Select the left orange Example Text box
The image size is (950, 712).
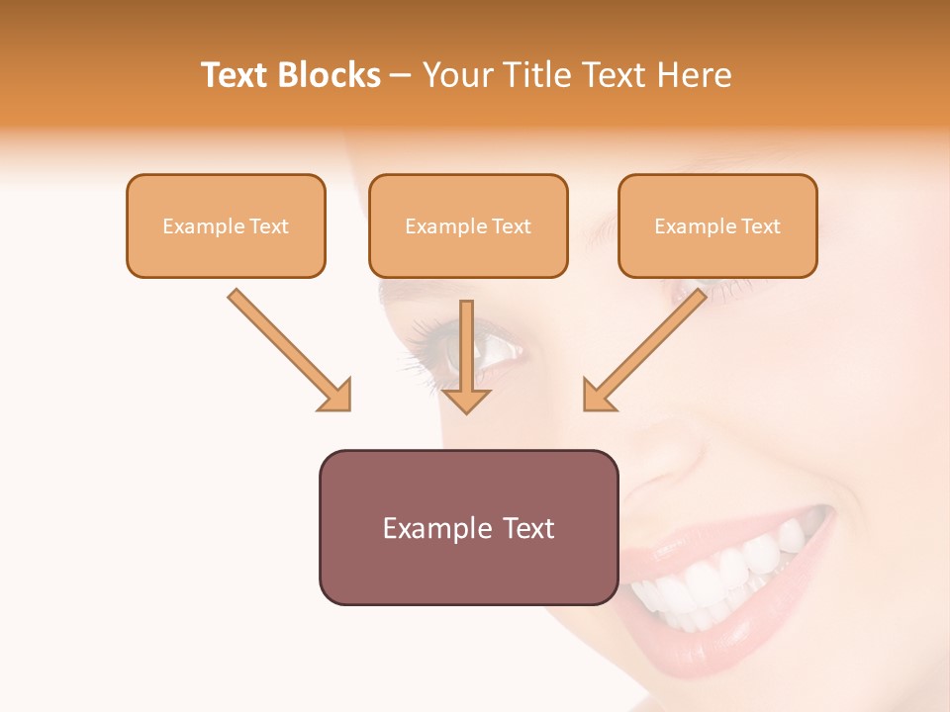[x=226, y=225]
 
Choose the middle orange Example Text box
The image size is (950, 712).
[x=468, y=225]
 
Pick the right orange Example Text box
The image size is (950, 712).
[x=717, y=225]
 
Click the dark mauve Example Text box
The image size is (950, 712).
[x=468, y=527]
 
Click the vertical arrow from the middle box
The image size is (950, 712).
[x=466, y=346]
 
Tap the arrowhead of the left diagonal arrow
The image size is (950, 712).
[x=336, y=397]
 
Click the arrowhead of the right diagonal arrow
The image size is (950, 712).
[x=598, y=397]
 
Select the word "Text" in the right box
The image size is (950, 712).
[x=760, y=225]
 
